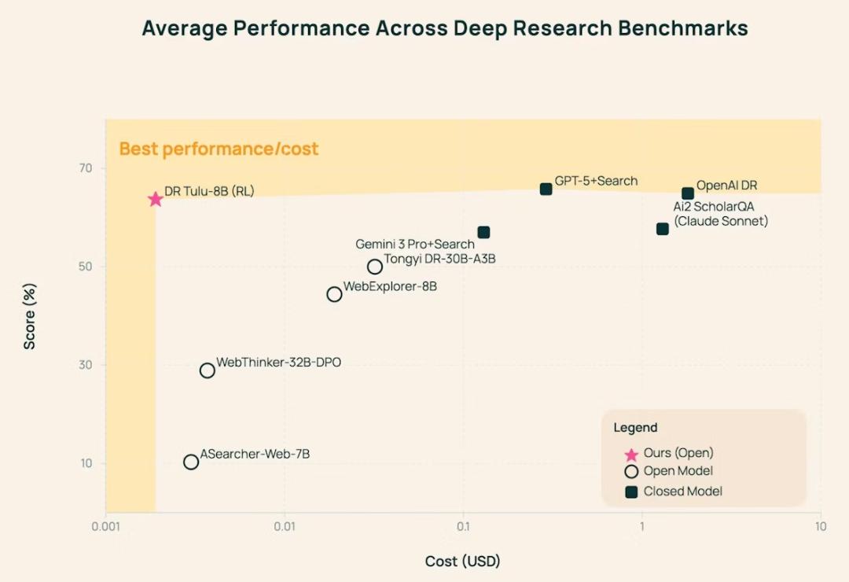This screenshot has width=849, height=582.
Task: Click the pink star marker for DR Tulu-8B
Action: coord(156,199)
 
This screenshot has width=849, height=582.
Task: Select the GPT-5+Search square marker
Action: coord(546,189)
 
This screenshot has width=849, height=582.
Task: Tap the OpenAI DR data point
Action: coord(688,193)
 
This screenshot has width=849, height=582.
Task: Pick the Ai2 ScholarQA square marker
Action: coord(663,229)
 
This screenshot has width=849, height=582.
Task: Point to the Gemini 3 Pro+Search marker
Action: coord(483,232)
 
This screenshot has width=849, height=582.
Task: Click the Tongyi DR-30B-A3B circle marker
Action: coord(375,267)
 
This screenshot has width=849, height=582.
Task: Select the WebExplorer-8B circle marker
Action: coord(334,294)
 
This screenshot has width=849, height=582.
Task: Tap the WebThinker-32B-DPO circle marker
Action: coord(208,370)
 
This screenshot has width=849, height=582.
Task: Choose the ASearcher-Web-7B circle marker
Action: coord(191,462)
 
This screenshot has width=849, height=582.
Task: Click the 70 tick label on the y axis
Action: coord(85,168)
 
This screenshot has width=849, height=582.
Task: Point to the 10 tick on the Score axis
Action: coord(85,463)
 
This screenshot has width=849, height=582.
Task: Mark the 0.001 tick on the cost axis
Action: coord(106,527)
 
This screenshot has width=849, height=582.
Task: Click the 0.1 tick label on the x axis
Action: coord(463,527)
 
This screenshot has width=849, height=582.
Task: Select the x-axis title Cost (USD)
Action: coord(462,562)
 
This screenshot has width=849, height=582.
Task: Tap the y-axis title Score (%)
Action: coord(30,315)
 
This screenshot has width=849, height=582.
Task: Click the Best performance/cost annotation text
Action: coord(219,149)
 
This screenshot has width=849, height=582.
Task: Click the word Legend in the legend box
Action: coord(635,428)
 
